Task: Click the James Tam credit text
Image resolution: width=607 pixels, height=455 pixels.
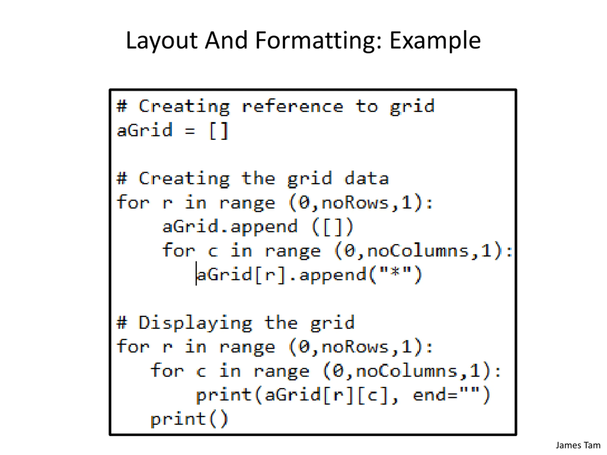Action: pyautogui.click(x=578, y=445)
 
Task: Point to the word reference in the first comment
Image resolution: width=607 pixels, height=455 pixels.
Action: pyautogui.click(x=293, y=106)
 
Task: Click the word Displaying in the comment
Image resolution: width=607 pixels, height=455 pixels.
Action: pyautogui.click(x=195, y=323)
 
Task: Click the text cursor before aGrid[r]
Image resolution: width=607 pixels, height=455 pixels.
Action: pyautogui.click(x=196, y=273)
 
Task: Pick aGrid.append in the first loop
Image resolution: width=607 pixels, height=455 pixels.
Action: pyautogui.click(x=230, y=227)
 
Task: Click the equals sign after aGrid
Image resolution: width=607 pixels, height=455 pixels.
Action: pyautogui.click(x=190, y=131)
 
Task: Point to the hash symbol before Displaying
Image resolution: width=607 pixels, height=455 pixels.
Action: pyautogui.click(x=122, y=323)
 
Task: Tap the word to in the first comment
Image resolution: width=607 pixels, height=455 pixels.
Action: pyautogui.click(x=367, y=106)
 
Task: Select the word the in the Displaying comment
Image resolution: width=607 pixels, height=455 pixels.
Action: pyautogui.click(x=281, y=323)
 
